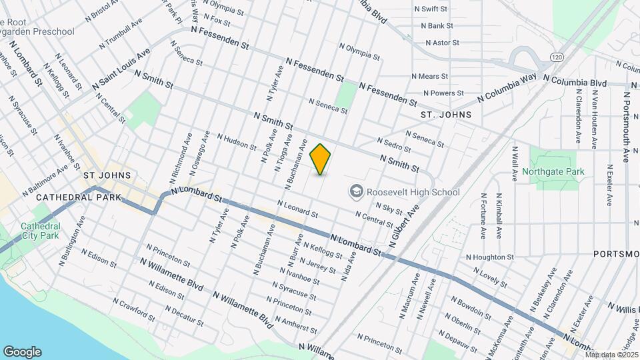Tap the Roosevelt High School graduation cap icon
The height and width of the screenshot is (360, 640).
[x=355, y=192]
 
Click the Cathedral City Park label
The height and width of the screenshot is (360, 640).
[x=39, y=230]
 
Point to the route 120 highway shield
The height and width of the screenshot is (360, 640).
[x=555, y=57]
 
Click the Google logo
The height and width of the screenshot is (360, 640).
[x=22, y=351]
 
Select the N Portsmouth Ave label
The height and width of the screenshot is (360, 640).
[x=627, y=126]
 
